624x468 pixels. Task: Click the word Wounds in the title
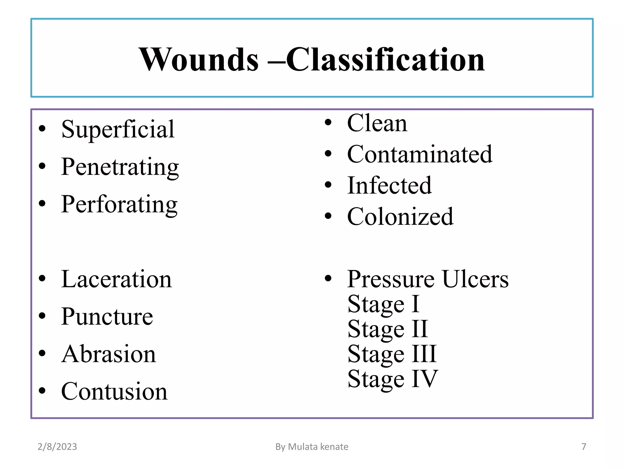(198, 60)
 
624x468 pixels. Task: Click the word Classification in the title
(385, 60)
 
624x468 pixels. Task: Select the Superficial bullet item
(118, 129)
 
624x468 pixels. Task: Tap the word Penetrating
(120, 167)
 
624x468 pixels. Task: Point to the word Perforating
(119, 204)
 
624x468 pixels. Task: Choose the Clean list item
(377, 123)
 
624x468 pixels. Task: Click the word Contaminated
(420, 154)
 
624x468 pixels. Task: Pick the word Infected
(389, 186)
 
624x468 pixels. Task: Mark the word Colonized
(400, 217)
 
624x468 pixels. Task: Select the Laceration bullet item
(116, 279)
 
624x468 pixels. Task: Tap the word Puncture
(107, 317)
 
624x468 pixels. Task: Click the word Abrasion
(108, 354)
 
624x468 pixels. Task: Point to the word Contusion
(114, 392)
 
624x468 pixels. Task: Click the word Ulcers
(475, 279)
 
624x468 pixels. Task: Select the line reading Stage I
(384, 304)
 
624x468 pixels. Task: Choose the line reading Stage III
(392, 354)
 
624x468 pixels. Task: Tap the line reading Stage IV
(393, 379)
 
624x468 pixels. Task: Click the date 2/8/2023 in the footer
(57, 447)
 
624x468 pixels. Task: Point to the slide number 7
(584, 447)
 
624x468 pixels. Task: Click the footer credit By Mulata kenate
(312, 447)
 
